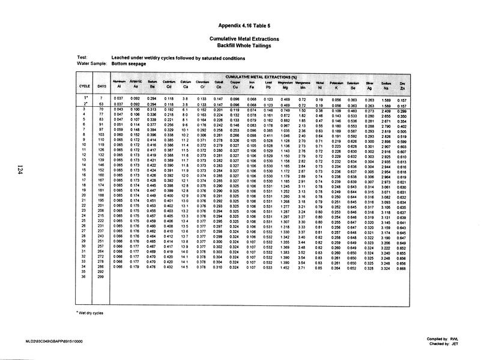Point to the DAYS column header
102,86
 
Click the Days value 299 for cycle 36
101,277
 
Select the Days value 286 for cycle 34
101,268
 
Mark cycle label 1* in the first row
85,97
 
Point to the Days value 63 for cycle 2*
102,104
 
